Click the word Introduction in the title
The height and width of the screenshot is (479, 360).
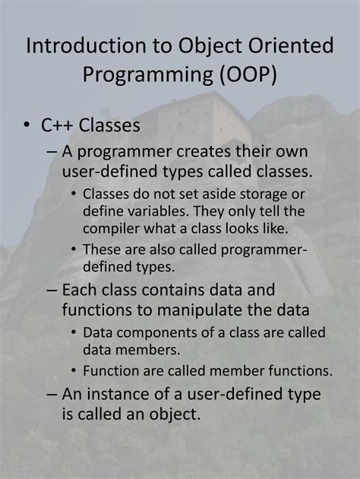[x=86, y=46]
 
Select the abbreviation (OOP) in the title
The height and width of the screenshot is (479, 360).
[x=248, y=74]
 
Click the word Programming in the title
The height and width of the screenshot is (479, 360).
[x=148, y=75]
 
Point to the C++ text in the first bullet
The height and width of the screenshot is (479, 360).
[x=58, y=125]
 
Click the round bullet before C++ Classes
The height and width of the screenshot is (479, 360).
[x=27, y=125]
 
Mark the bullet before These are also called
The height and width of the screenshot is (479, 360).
[x=74, y=249]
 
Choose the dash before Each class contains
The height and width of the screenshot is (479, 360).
[x=52, y=290]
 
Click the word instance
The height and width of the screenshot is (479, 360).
[x=116, y=394]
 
